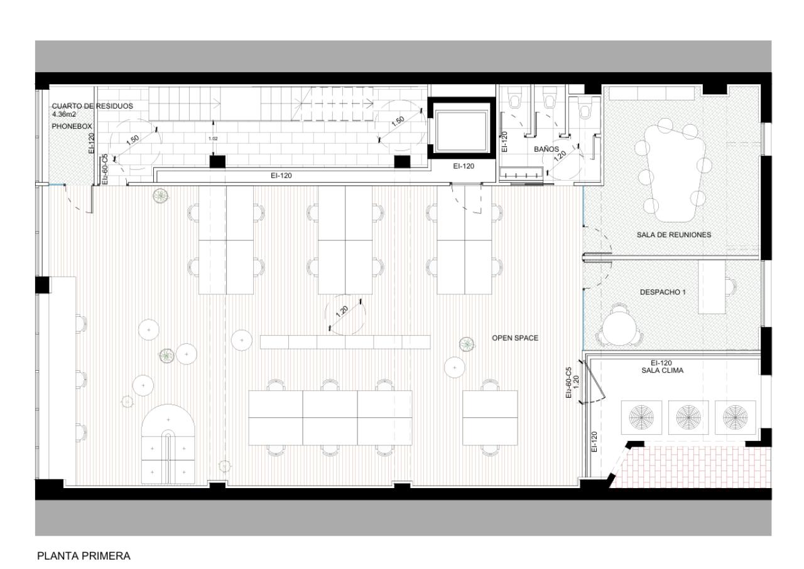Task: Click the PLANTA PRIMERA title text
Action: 83,555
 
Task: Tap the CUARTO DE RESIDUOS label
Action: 92,106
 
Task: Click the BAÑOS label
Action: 546,149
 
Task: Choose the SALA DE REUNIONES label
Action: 673,235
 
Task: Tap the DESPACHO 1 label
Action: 663,292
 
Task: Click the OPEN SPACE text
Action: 514,338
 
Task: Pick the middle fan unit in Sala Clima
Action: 689,416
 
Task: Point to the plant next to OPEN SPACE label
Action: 467,343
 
